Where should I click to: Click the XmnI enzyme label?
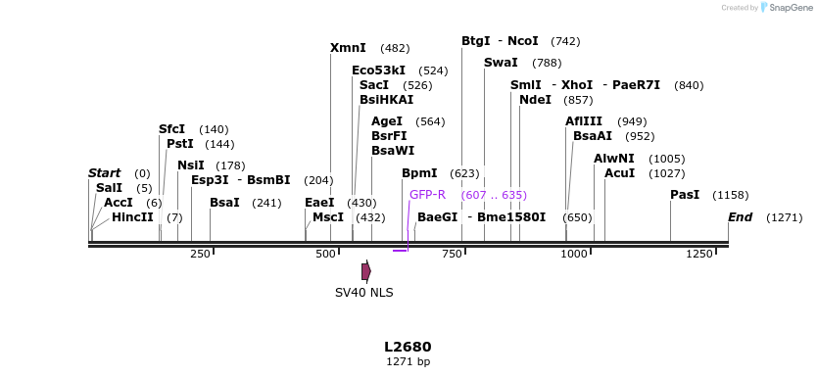[348, 47]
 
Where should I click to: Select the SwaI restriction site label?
[501, 63]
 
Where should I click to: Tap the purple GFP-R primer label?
[427, 194]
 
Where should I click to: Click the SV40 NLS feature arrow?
[366, 271]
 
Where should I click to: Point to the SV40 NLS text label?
[363, 292]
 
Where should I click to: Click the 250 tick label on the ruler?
[200, 254]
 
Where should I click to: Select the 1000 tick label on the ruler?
[574, 254]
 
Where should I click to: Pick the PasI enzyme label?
[685, 195]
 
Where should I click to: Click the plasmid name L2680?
[408, 347]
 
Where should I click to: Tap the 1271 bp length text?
[408, 362]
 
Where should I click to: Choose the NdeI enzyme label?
[535, 100]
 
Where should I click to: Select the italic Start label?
[104, 173]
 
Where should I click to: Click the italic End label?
[741, 216]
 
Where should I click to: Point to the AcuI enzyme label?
[619, 173]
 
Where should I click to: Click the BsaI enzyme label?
[224, 203]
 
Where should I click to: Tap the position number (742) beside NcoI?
[565, 41]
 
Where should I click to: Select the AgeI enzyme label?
[387, 121]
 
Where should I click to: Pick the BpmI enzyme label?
[419, 173]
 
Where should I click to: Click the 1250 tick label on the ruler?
[699, 254]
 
